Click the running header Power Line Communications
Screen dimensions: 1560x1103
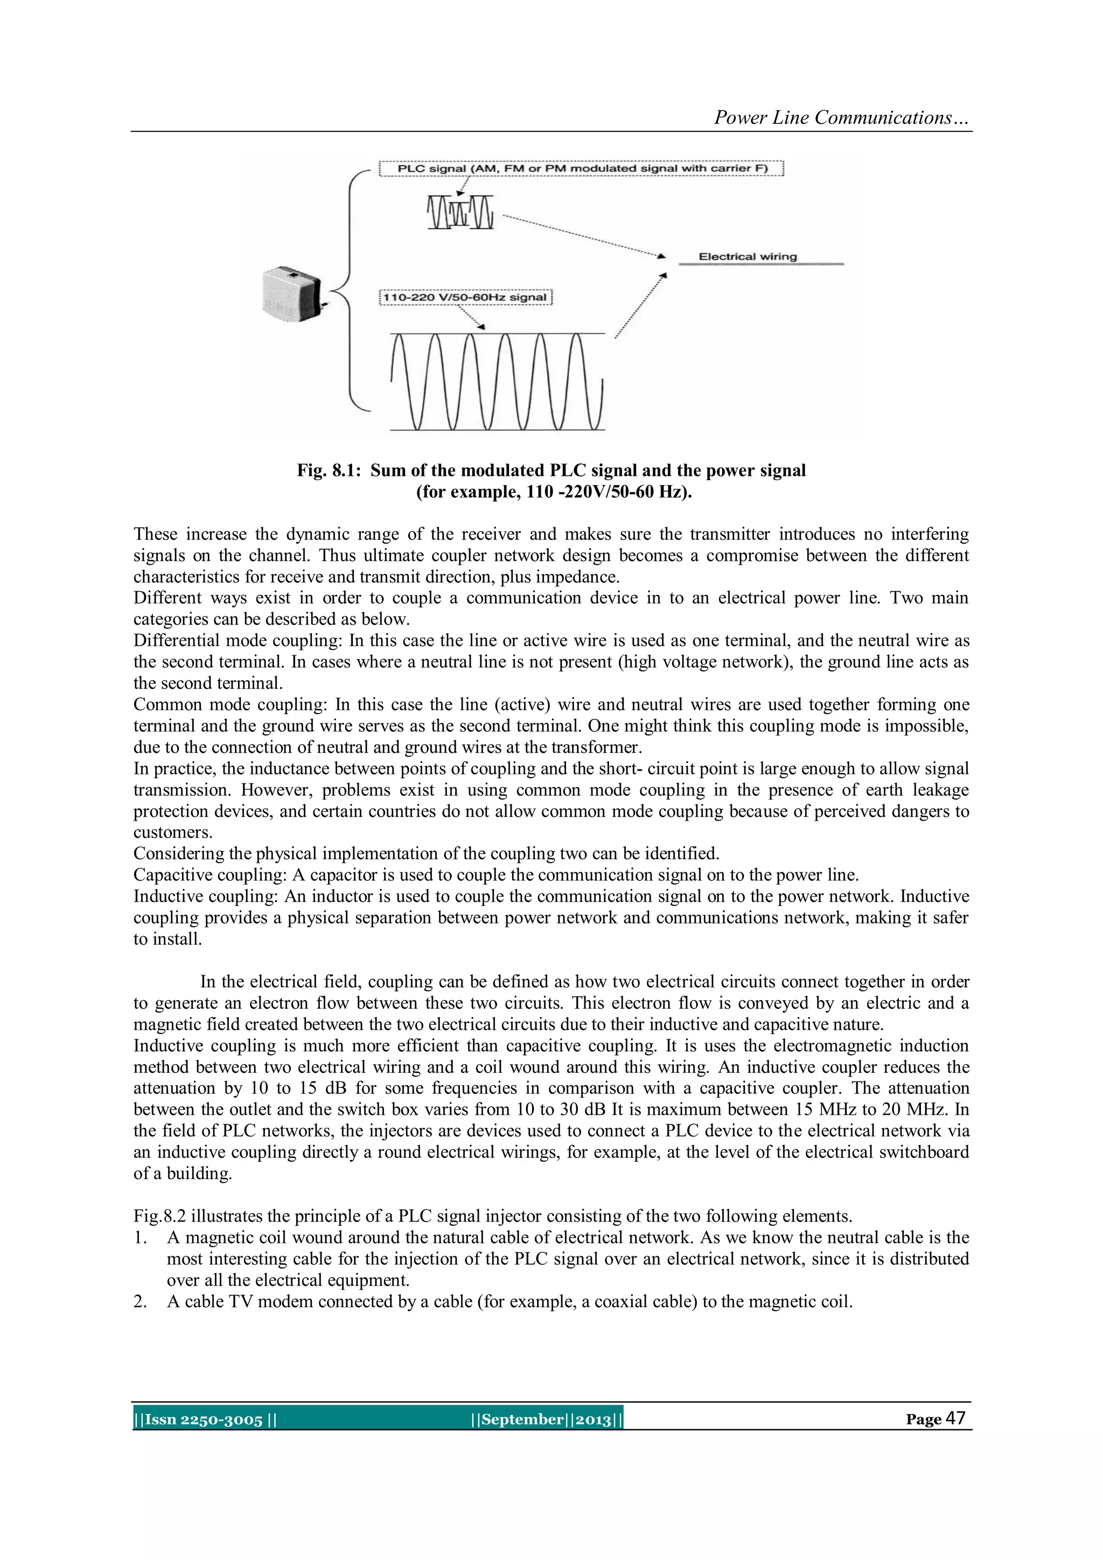[841, 117]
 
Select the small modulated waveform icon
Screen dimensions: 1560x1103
[460, 212]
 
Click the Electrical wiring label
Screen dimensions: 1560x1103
[747, 257]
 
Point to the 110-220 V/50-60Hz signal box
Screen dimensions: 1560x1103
[465, 297]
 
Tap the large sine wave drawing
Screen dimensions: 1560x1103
[497, 381]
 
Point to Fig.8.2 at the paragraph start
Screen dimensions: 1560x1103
[159, 1216]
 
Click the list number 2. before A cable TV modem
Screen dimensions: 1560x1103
[140, 1302]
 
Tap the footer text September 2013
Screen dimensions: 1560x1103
[547, 1420]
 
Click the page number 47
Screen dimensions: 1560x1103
[955, 1419]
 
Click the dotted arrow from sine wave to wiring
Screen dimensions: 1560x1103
[640, 306]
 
